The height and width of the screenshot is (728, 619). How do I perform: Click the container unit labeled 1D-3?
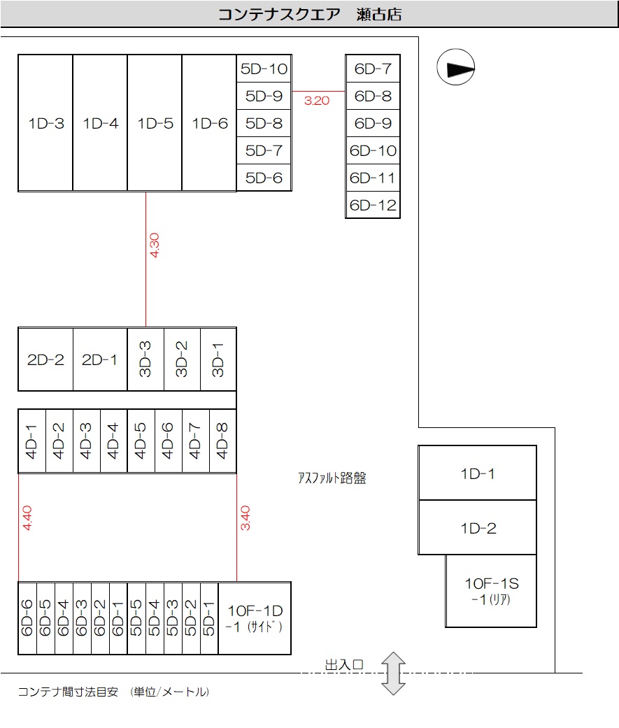(45, 123)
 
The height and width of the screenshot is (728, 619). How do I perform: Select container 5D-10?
(264, 69)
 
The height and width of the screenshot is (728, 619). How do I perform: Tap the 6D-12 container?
(373, 206)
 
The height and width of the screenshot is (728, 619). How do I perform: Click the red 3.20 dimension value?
(317, 101)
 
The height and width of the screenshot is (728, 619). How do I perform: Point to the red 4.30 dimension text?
(155, 245)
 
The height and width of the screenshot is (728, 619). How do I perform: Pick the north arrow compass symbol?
(456, 69)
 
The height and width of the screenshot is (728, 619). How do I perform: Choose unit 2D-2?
(45, 359)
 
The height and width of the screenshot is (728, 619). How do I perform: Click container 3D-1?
(218, 359)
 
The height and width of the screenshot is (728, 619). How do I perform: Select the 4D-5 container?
(141, 441)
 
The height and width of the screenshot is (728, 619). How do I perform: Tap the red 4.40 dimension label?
(27, 518)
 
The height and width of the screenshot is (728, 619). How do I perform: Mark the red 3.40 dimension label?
(246, 518)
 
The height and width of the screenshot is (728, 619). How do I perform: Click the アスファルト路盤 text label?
(332, 478)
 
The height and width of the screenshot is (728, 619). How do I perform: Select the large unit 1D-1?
(478, 473)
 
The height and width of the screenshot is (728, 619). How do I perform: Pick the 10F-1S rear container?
(491, 591)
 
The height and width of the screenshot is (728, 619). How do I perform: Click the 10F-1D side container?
(255, 618)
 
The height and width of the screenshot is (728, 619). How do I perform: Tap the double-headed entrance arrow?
(394, 673)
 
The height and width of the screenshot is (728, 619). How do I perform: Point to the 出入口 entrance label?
(344, 664)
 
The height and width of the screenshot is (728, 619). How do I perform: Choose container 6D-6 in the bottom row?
(27, 618)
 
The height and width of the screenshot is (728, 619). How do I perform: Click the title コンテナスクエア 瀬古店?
(310, 14)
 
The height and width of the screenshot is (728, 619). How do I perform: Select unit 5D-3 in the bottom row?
(173, 618)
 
